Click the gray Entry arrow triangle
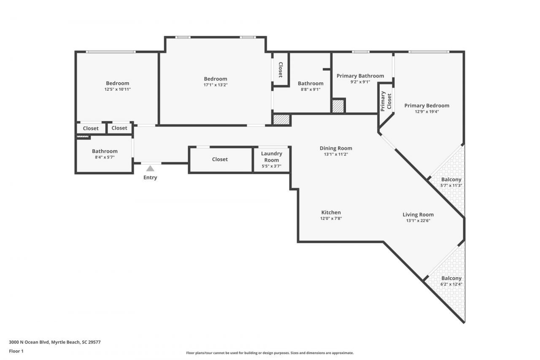point(150,168)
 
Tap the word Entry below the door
point(150,178)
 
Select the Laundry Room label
point(271,157)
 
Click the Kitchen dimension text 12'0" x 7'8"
point(331,219)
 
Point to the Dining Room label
point(336,148)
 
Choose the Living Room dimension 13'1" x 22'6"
point(418,220)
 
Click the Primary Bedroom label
point(427,106)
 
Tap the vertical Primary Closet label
point(386,101)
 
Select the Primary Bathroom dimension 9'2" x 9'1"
point(360,82)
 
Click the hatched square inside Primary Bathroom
point(338,106)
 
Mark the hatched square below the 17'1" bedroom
point(281,120)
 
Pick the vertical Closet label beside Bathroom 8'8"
point(280,70)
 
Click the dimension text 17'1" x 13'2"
point(215,85)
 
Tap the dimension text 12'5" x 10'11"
point(117,89)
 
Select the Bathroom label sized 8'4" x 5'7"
point(105,151)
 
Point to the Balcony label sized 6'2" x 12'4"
point(451,278)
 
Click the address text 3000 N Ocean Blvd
point(54,342)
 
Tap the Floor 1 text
point(16,351)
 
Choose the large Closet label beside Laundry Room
point(220,159)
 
